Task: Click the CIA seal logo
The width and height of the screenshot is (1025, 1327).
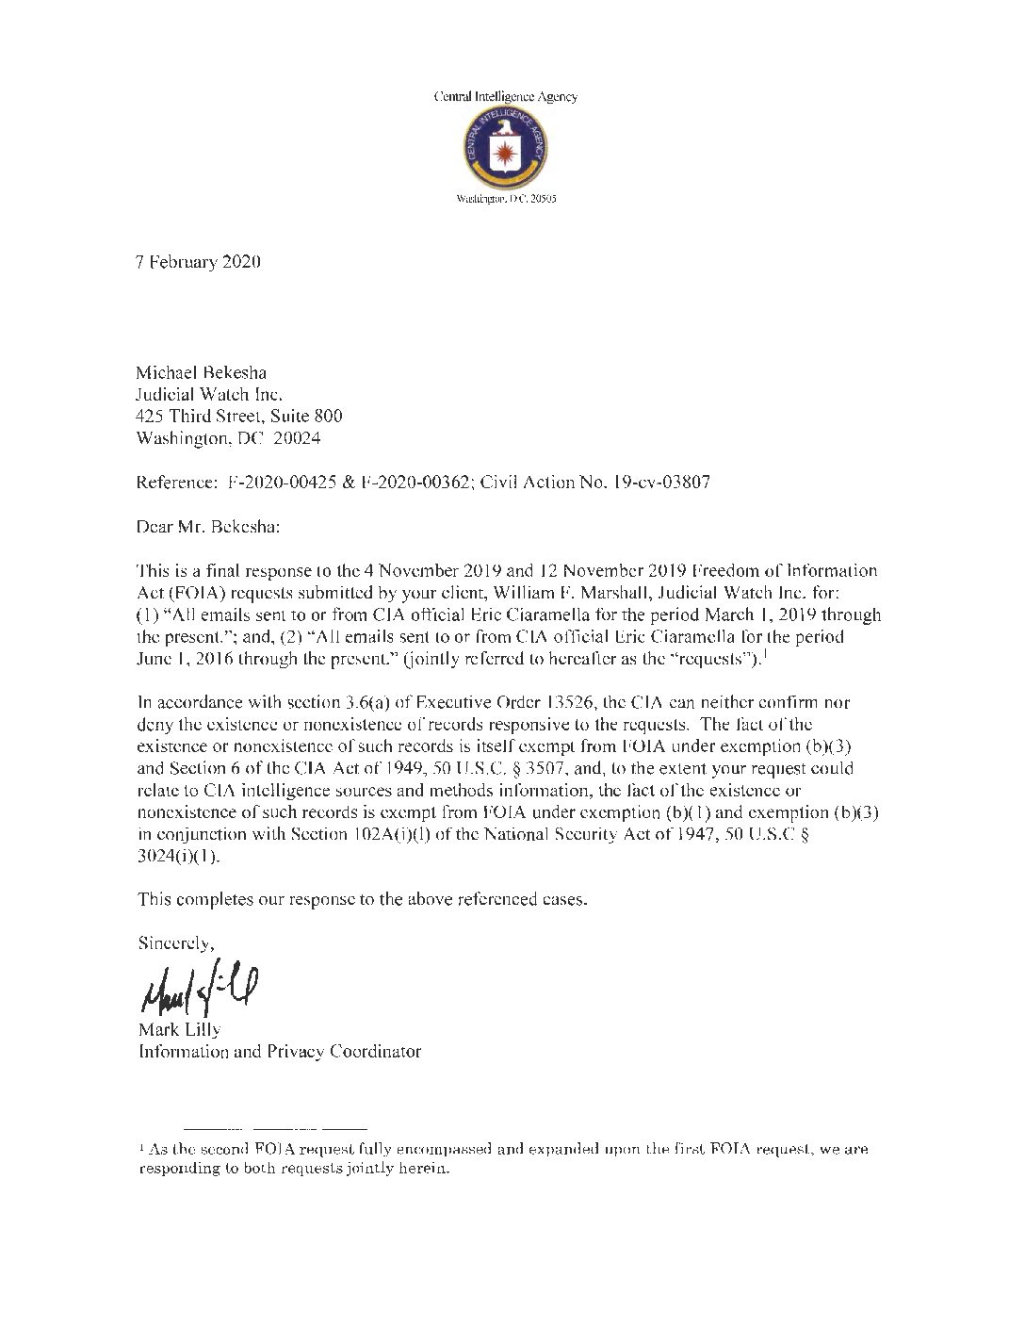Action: point(507,148)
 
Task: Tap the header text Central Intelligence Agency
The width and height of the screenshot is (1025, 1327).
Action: point(505,96)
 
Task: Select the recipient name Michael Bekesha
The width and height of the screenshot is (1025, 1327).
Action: point(200,373)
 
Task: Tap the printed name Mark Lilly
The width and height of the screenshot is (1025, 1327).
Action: point(179,1030)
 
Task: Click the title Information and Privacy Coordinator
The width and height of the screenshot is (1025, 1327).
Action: point(279,1051)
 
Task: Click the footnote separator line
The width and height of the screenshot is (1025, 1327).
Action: point(274,1127)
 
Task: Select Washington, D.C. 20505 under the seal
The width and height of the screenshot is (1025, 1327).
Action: point(506,200)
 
